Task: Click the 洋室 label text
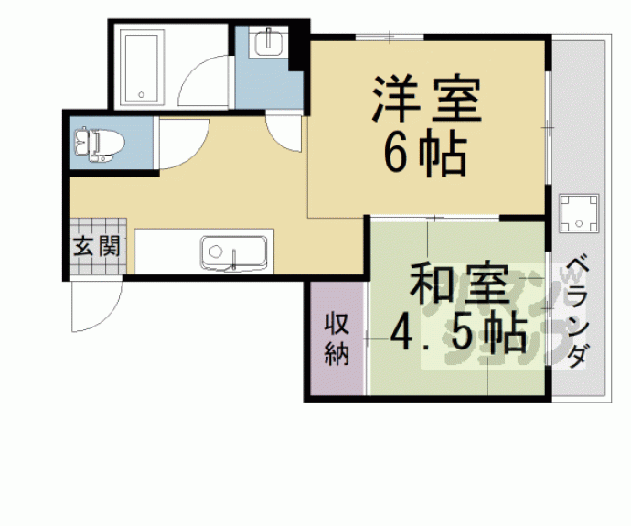tap(425, 103)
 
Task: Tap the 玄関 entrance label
tap(96, 246)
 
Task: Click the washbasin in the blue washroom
tap(268, 42)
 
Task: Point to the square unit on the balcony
tap(579, 213)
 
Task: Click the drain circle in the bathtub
tap(141, 91)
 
